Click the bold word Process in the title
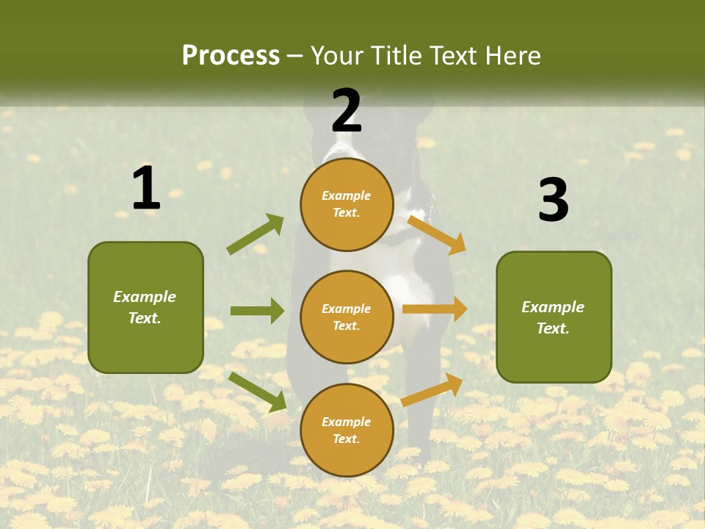(231, 56)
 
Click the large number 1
(146, 188)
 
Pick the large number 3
(553, 201)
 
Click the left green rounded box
(145, 307)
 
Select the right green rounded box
(554, 317)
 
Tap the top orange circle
(347, 204)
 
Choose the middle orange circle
(347, 317)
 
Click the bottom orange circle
(347, 430)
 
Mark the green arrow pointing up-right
(256, 234)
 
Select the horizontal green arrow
(257, 311)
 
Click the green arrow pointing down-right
(257, 392)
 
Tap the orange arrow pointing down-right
(436, 234)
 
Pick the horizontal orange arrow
(434, 309)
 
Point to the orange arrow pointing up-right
(432, 390)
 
